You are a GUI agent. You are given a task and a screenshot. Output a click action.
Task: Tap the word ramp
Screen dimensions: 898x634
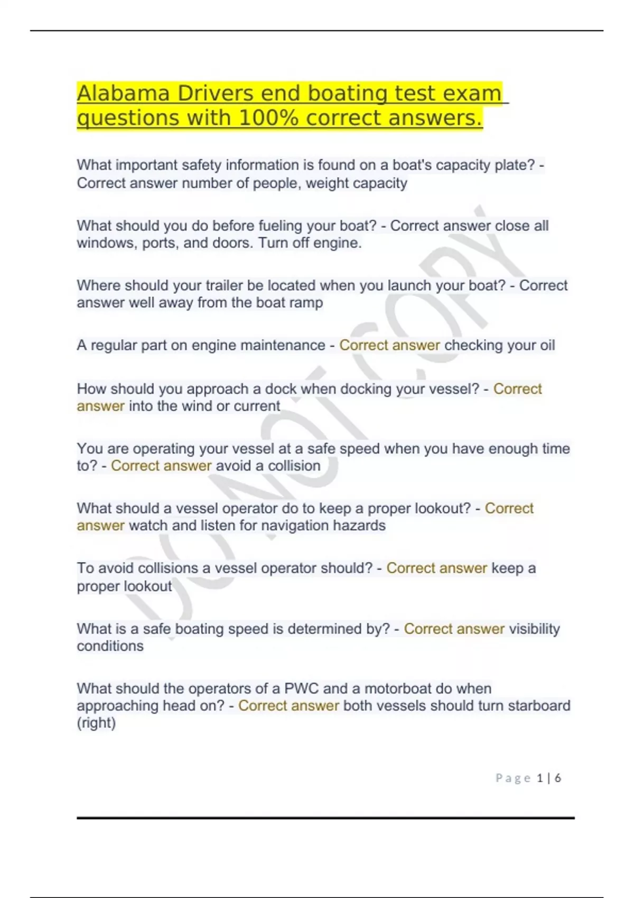(305, 303)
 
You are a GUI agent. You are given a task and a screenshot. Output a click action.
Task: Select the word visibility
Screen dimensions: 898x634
(534, 629)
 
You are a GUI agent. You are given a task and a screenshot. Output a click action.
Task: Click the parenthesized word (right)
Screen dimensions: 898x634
(96, 723)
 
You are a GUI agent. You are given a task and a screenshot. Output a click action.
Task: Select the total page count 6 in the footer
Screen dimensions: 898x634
(557, 778)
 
